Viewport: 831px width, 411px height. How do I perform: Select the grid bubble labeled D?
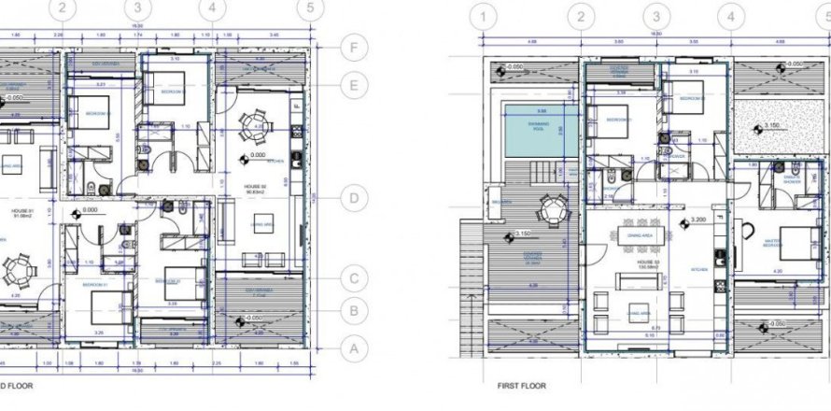[x=353, y=198]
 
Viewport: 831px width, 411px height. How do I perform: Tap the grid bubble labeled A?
[x=353, y=348]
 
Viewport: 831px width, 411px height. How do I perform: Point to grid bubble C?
[x=353, y=278]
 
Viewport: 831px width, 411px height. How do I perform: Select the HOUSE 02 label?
[x=254, y=190]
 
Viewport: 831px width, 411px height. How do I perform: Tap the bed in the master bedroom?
[x=790, y=241]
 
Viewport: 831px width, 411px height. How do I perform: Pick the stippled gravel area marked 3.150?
[x=768, y=127]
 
